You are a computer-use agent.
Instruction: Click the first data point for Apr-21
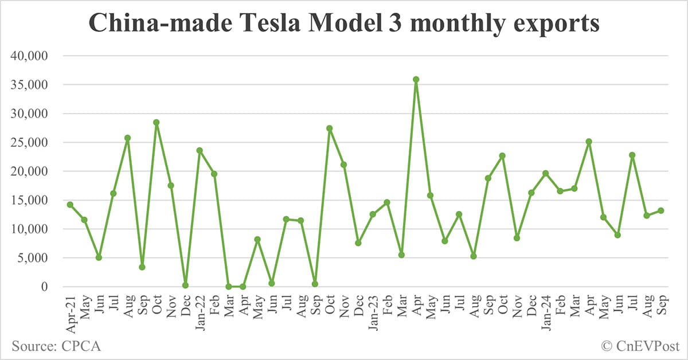coord(70,205)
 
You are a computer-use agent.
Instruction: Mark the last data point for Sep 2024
coord(661,210)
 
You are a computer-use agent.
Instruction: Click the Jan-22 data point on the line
coord(200,151)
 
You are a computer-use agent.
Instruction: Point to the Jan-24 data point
coord(546,173)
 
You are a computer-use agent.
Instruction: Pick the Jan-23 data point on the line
coord(373,214)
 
